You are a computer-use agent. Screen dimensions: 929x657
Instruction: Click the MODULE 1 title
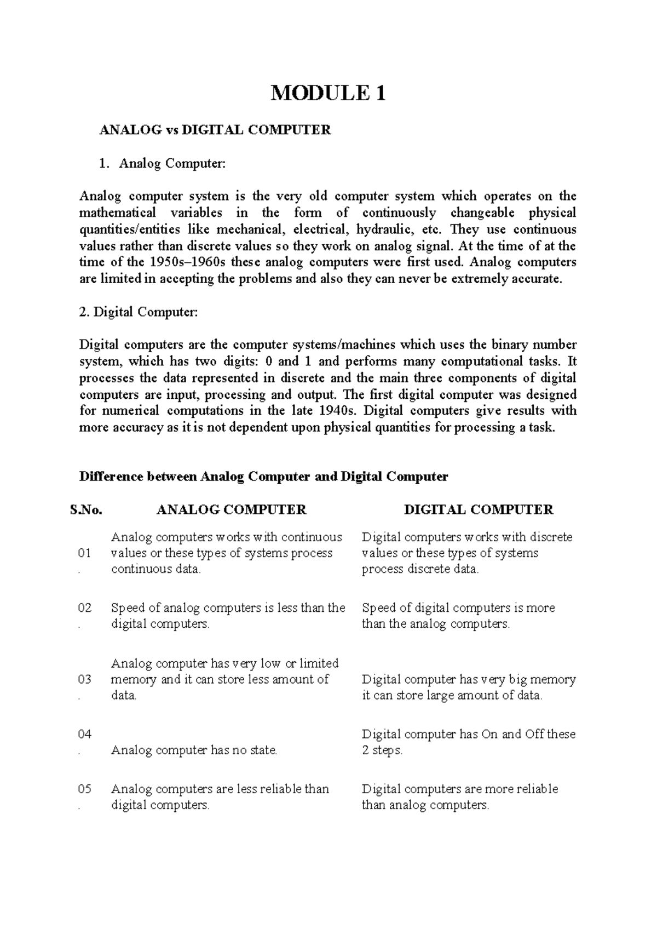pyautogui.click(x=328, y=94)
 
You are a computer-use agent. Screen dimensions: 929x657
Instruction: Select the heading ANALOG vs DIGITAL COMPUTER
pyautogui.click(x=215, y=130)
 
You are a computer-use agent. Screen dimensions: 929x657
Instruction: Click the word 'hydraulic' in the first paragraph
pyautogui.click(x=382, y=230)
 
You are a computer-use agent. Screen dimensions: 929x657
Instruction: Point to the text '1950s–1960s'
pyautogui.click(x=187, y=262)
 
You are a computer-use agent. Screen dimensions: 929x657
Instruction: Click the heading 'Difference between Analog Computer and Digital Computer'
pyautogui.click(x=263, y=477)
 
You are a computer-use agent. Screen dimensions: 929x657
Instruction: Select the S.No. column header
pyautogui.click(x=87, y=510)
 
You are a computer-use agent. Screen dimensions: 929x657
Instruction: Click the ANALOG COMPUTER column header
pyautogui.click(x=231, y=510)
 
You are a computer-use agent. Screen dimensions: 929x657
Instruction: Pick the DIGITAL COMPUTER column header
pyautogui.click(x=479, y=510)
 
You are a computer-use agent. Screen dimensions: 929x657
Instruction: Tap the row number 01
pyautogui.click(x=85, y=553)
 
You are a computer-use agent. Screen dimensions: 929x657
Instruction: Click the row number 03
pyautogui.click(x=85, y=680)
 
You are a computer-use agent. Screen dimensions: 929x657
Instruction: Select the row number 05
pyautogui.click(x=85, y=789)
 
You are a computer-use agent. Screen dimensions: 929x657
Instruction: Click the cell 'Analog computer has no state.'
pyautogui.click(x=194, y=750)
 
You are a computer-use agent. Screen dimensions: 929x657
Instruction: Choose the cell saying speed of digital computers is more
pyautogui.click(x=458, y=616)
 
